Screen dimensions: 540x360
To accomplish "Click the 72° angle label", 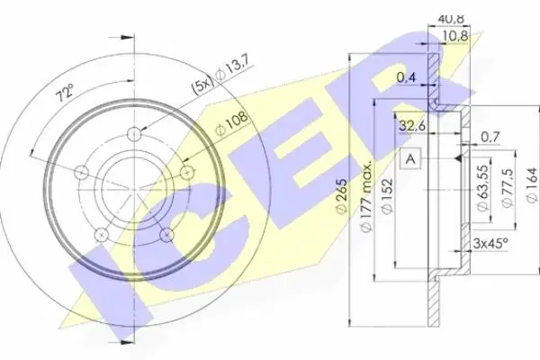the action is [65, 93].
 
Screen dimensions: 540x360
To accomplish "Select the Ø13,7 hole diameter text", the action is [234, 70].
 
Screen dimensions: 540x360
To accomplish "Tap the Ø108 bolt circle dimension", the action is [230, 123].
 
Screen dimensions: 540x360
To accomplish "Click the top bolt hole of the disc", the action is [134, 134].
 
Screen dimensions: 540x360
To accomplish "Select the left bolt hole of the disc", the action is [82, 172].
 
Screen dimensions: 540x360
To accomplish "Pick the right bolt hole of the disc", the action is [187, 172].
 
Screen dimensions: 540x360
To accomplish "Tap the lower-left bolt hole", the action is [101, 234].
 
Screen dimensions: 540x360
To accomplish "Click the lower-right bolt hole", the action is [167, 234].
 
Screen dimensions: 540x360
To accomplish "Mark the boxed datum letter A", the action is [410, 158].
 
